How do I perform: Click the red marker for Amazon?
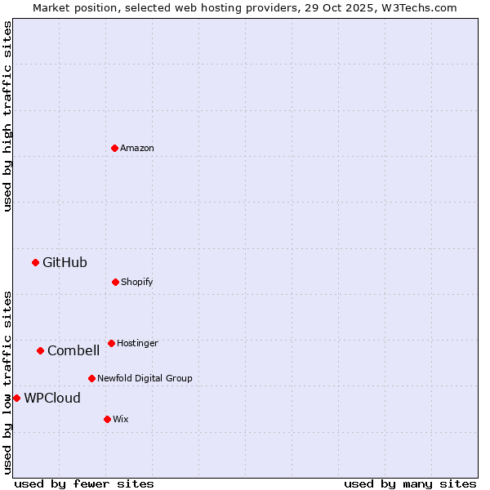[114, 148]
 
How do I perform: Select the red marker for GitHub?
[35, 262]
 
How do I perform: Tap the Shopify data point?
[115, 282]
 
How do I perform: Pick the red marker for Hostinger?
[111, 343]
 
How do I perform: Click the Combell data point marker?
[40, 350]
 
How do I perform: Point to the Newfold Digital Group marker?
[91, 378]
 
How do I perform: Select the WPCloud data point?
[16, 398]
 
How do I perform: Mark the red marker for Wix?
[107, 419]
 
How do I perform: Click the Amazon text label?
[137, 148]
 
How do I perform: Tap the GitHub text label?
[65, 262]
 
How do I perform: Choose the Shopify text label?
[137, 282]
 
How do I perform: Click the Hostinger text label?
[137, 343]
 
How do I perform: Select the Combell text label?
[73, 350]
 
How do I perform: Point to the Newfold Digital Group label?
[145, 378]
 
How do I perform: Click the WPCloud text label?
[52, 398]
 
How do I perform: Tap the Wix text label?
[121, 419]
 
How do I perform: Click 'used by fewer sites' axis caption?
[84, 483]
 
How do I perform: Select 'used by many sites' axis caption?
[410, 483]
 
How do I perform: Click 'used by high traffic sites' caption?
[7, 116]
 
